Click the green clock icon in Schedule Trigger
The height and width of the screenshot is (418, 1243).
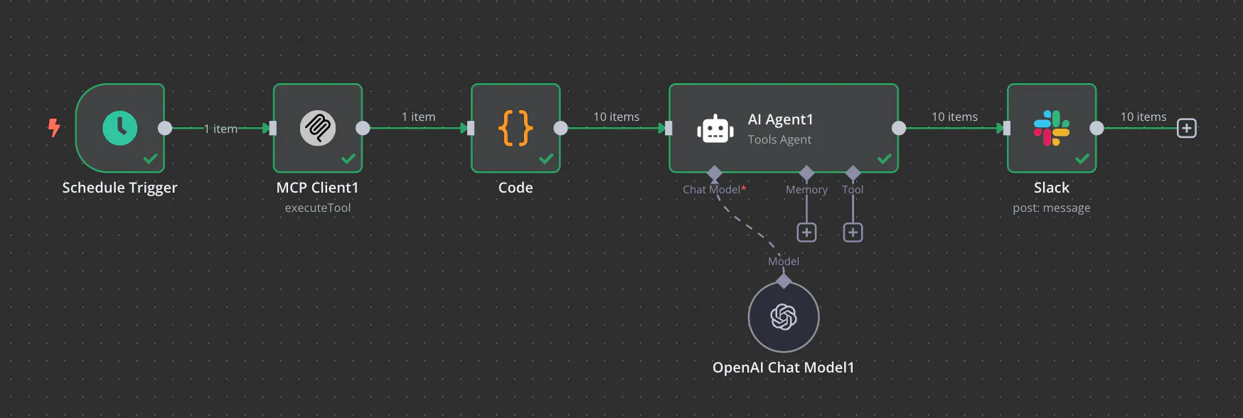pyautogui.click(x=119, y=128)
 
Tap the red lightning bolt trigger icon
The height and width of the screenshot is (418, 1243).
pyautogui.click(x=54, y=128)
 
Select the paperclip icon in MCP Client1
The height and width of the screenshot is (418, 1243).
pyautogui.click(x=318, y=128)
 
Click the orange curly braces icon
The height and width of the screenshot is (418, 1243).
pyautogui.click(x=516, y=128)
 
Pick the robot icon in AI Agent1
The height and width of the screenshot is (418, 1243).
pyautogui.click(x=715, y=129)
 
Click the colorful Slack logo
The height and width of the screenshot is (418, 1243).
pyautogui.click(x=1052, y=128)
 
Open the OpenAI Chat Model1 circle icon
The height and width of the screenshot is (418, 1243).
pyautogui.click(x=784, y=317)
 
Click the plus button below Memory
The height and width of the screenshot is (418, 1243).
pyautogui.click(x=806, y=232)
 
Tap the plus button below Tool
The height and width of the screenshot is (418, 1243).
pyautogui.click(x=853, y=232)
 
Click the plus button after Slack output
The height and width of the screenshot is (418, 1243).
pyautogui.click(x=1187, y=128)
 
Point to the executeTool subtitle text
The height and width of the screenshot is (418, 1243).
pyautogui.click(x=318, y=208)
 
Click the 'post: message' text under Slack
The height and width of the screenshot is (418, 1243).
pyautogui.click(x=1052, y=208)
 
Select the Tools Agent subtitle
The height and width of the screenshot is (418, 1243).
pyautogui.click(x=779, y=139)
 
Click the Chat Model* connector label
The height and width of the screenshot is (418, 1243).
pyautogui.click(x=715, y=189)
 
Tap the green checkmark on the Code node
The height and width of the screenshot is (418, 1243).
pyautogui.click(x=546, y=159)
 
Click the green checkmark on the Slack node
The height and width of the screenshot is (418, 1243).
pyautogui.click(x=1082, y=159)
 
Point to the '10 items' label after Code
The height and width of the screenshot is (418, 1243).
pyautogui.click(x=617, y=117)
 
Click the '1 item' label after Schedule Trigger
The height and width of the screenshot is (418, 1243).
pyautogui.click(x=220, y=129)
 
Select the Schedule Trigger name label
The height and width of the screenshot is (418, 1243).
pyautogui.click(x=119, y=188)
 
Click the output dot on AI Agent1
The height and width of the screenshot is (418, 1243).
pyautogui.click(x=899, y=128)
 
